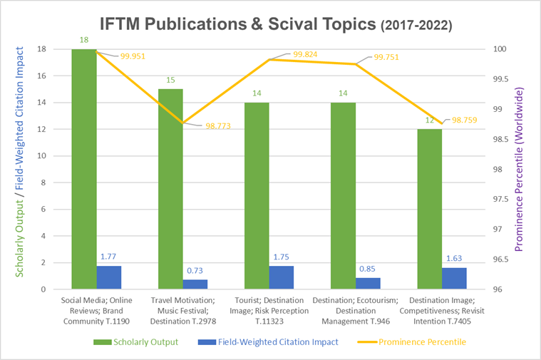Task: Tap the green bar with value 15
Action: coord(170,189)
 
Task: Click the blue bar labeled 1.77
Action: coord(109,277)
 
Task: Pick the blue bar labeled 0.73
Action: coord(195,284)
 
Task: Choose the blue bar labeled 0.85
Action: coord(368,284)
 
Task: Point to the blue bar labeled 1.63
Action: coord(454,279)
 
